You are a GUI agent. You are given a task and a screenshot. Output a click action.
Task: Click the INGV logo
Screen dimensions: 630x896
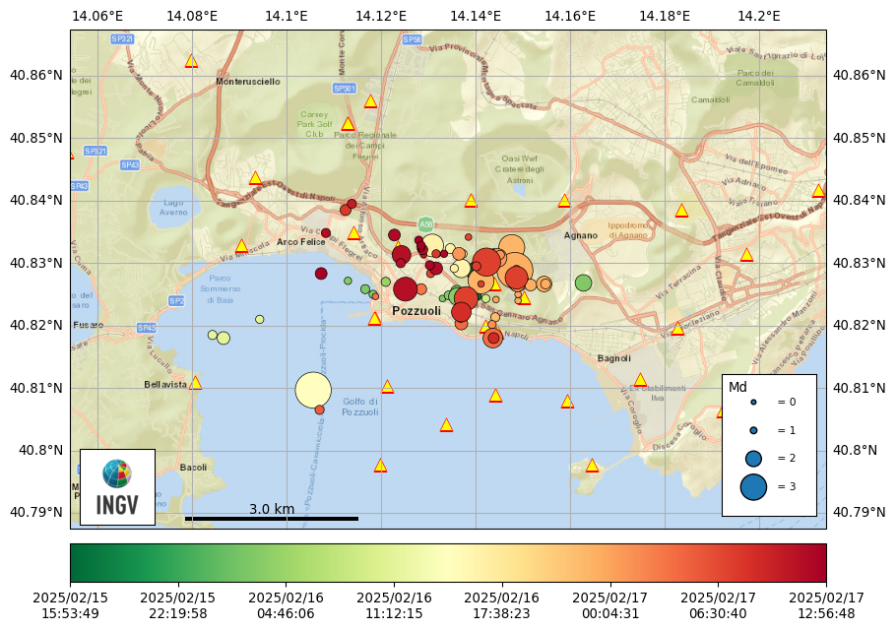coord(117,487)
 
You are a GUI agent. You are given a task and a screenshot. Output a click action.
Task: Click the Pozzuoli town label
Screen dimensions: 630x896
coord(416,311)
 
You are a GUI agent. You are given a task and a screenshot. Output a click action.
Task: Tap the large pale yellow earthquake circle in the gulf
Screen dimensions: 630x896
coord(313,390)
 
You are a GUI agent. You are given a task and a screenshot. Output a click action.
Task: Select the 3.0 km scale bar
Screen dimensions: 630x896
coord(272,518)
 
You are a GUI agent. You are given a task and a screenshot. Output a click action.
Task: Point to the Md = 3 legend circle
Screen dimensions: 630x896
coord(753,486)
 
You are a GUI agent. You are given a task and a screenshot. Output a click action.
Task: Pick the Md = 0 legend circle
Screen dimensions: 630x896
coord(753,402)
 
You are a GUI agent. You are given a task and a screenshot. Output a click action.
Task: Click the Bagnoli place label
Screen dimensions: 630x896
coord(613,358)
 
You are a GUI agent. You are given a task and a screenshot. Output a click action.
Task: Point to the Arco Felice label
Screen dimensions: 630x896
coord(300,242)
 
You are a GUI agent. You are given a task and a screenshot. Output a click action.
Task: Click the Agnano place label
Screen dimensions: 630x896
coord(581,235)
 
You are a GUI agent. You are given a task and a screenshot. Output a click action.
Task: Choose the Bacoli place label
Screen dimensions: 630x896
coord(193,468)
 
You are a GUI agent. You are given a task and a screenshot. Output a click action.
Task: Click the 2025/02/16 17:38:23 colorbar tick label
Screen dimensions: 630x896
coord(502,605)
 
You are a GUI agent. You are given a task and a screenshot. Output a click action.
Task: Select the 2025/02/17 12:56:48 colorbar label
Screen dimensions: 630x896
coord(826,605)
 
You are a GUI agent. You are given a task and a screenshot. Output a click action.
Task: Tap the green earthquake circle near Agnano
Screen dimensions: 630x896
coord(583,283)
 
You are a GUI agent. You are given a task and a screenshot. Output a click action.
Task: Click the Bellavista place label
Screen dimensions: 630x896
coord(165,385)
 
